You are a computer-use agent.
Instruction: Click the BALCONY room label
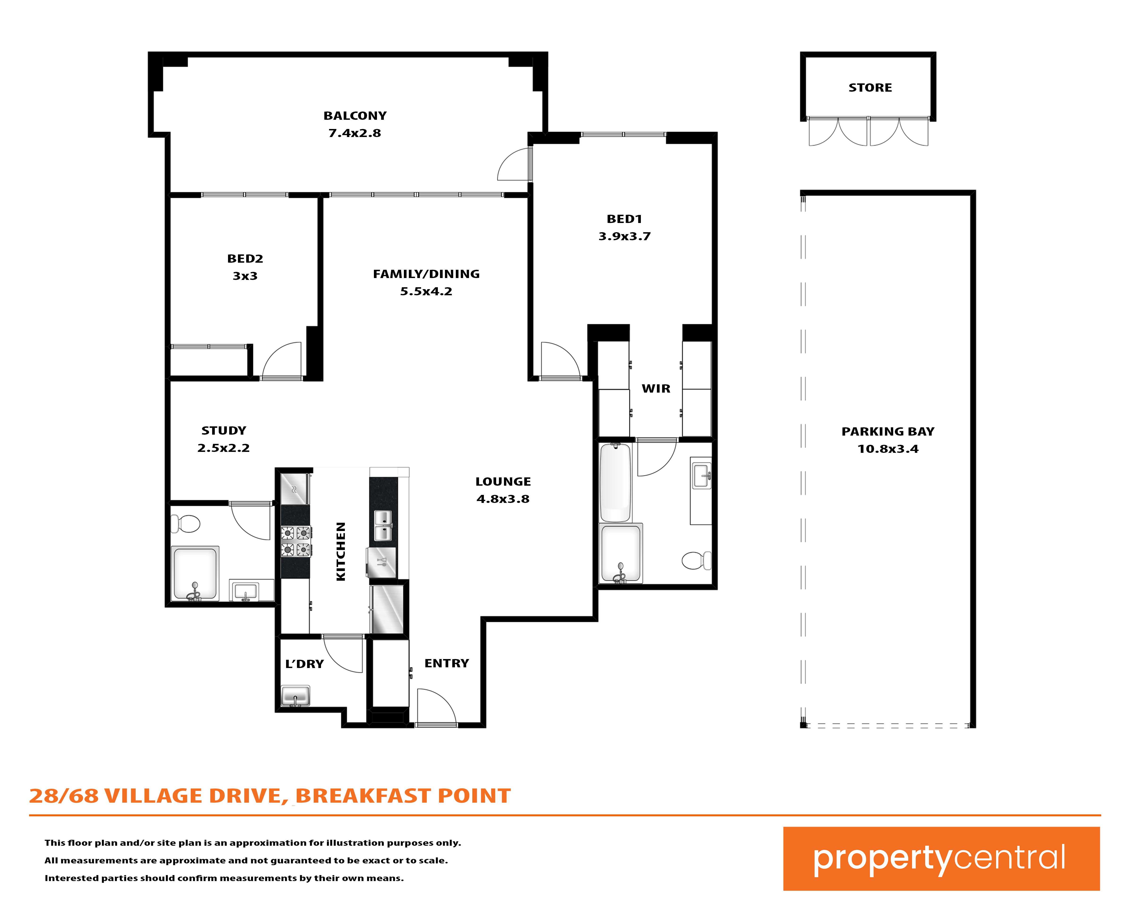tap(355, 116)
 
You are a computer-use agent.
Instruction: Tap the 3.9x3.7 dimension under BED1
tap(625, 236)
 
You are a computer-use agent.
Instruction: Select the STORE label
tap(870, 87)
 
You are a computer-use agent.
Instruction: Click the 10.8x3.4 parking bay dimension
tap(888, 449)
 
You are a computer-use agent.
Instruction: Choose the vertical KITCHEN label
tap(341, 551)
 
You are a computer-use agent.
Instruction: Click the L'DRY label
tap(305, 664)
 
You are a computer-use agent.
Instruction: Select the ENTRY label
tap(447, 664)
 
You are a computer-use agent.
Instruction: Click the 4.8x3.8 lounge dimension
tap(503, 499)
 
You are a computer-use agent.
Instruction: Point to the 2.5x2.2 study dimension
tap(224, 448)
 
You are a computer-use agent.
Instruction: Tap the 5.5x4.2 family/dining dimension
tap(426, 291)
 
